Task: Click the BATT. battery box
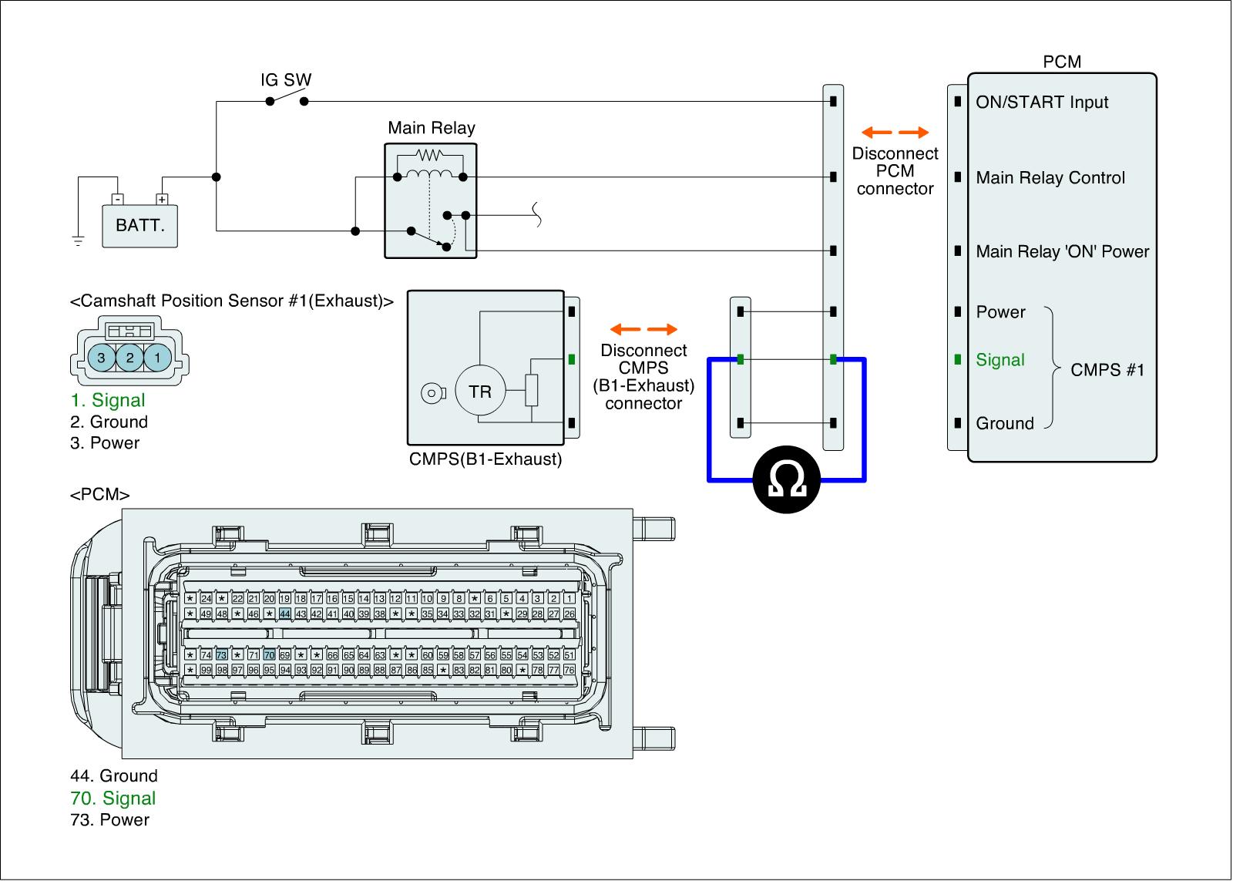tap(140, 226)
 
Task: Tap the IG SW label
tap(286, 80)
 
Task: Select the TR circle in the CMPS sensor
tap(480, 392)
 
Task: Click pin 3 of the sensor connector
tap(101, 358)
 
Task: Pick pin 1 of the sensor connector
tap(158, 358)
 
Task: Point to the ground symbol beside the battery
tap(78, 240)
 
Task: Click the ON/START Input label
tap(1042, 103)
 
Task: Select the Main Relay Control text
tap(1050, 178)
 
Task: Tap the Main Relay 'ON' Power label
tap(1062, 252)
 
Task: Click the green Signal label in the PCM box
tap(1000, 360)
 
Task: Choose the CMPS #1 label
tap(1107, 370)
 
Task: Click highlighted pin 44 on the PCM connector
tap(285, 614)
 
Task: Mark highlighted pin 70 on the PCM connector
tap(269, 655)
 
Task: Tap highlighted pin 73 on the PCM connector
tap(222, 655)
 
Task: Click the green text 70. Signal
tap(113, 799)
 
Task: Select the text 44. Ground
tap(114, 776)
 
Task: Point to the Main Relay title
tap(432, 128)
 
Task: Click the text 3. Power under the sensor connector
tap(105, 443)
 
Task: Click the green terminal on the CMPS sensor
tap(572, 359)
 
